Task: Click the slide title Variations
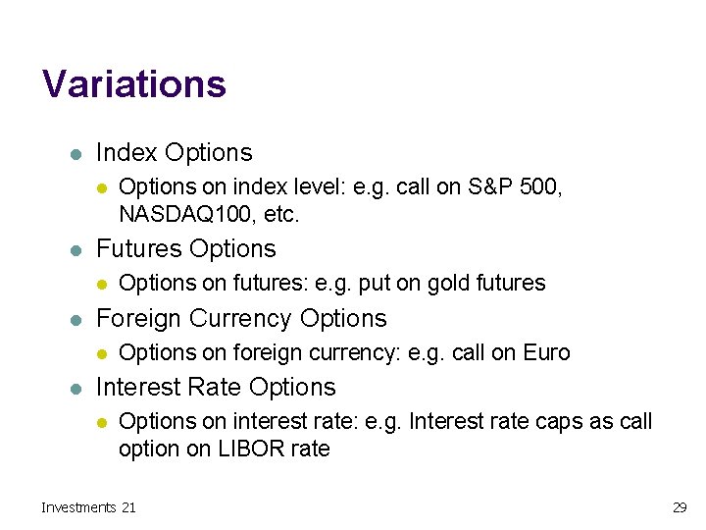click(x=134, y=84)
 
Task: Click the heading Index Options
click(x=174, y=153)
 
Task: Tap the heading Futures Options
click(x=185, y=249)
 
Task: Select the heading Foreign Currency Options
click(x=241, y=319)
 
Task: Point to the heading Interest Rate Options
click(x=216, y=388)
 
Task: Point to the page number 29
click(x=679, y=507)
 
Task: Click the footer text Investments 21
click(x=88, y=507)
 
